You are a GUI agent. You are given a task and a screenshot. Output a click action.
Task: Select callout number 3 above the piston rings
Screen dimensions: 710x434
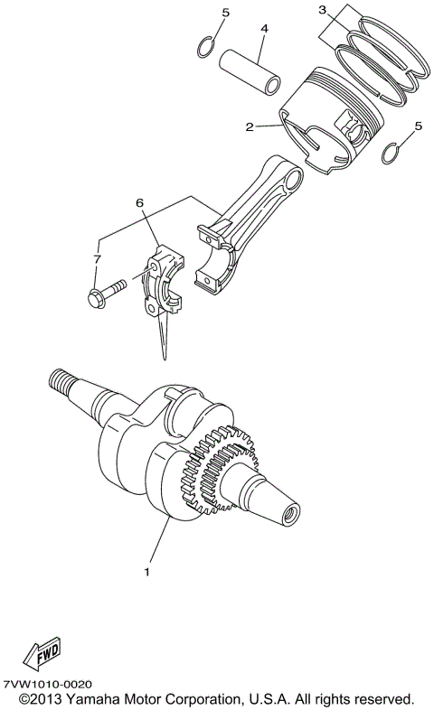pos(322,10)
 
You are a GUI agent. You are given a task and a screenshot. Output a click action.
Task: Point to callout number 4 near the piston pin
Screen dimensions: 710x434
pos(264,29)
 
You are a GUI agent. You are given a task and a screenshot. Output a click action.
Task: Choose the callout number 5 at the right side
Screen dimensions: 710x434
pos(417,127)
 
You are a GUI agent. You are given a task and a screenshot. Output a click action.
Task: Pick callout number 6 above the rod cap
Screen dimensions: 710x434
pos(140,205)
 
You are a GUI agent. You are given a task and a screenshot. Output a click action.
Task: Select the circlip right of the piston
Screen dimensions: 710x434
pos(392,154)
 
